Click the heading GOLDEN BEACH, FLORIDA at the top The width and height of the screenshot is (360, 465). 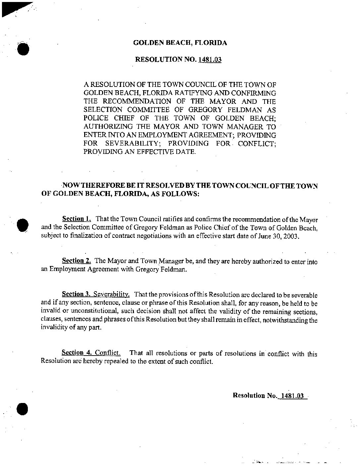(180, 43)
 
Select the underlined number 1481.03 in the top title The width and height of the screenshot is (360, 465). (210, 60)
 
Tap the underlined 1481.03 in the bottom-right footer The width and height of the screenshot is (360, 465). (292, 395)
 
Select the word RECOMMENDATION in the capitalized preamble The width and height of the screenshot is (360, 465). (135, 101)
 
